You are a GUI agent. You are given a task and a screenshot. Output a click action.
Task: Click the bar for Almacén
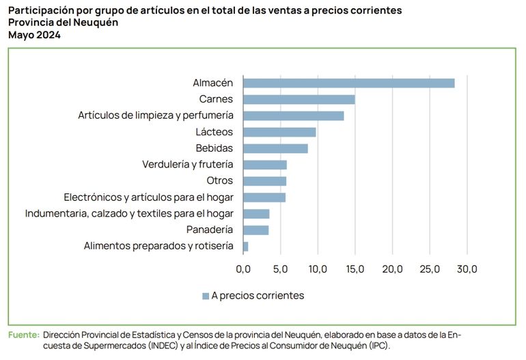click(x=348, y=83)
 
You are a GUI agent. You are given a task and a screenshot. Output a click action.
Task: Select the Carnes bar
click(x=299, y=99)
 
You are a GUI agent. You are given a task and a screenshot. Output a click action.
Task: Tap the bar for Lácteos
click(x=279, y=132)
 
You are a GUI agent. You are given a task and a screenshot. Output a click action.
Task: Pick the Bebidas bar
click(x=275, y=148)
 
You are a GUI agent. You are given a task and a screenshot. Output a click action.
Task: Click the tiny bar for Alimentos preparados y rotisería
click(x=246, y=246)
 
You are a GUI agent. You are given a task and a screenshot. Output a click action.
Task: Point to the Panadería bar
click(x=256, y=230)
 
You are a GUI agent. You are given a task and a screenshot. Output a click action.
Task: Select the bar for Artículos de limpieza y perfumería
click(x=293, y=115)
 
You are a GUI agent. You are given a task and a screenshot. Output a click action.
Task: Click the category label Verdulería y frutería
click(x=187, y=165)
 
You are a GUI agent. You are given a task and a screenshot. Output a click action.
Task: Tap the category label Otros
click(x=219, y=181)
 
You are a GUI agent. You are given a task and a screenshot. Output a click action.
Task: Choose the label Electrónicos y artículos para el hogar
click(x=148, y=197)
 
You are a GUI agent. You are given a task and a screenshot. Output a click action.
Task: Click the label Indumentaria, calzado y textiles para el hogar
click(x=129, y=214)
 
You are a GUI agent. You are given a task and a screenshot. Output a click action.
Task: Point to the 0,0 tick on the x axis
click(x=243, y=269)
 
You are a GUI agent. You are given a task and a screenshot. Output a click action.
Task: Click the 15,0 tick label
click(x=355, y=269)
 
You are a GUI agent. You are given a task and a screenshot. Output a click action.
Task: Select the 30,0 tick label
click(x=467, y=269)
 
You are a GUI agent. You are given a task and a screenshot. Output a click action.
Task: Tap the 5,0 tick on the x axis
click(x=281, y=269)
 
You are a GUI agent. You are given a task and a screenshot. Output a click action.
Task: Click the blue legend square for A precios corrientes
click(x=205, y=296)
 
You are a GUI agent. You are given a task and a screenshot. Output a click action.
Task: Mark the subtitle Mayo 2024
click(x=34, y=36)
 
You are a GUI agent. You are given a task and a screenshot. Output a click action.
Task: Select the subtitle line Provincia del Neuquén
click(x=63, y=23)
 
